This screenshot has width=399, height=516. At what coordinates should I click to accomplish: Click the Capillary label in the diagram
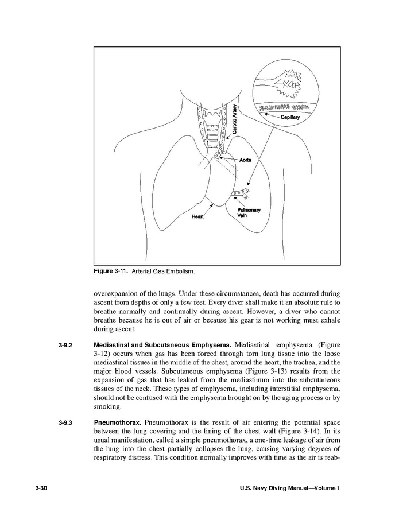[290, 117]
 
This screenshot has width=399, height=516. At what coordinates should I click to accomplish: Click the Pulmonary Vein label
[249, 212]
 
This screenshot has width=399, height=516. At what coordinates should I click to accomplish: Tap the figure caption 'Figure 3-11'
[111, 270]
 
